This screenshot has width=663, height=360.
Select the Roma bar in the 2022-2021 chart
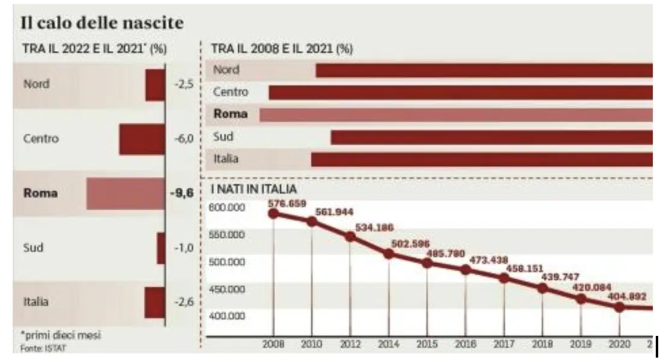click(x=125, y=193)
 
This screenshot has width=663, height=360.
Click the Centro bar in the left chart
click(x=141, y=139)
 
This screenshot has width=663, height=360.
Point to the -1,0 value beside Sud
click(x=183, y=248)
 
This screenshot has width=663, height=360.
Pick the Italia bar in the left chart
click(x=155, y=302)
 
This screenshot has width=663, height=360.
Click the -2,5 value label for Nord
click(x=183, y=85)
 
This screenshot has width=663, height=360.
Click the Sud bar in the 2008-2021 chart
click(x=491, y=137)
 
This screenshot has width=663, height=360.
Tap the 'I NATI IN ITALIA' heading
click(x=253, y=190)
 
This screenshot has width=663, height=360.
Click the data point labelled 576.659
click(x=274, y=213)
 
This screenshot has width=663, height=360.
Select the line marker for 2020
click(x=619, y=306)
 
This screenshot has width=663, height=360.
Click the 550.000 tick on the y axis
click(x=227, y=234)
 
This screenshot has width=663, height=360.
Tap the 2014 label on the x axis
click(x=388, y=344)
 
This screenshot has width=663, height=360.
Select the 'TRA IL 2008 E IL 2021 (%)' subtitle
click(x=281, y=49)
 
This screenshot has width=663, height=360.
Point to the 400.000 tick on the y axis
click(x=227, y=316)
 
